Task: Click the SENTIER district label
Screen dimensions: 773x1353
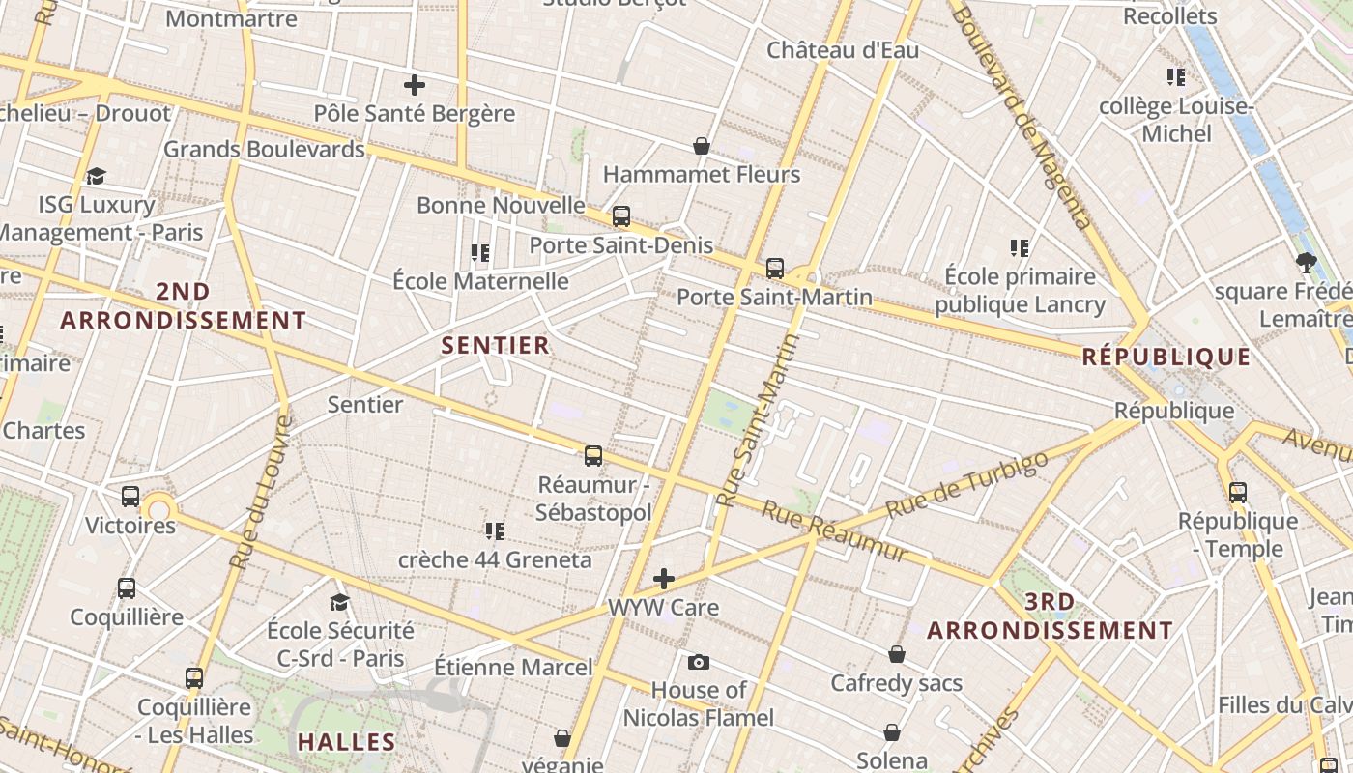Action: pos(495,345)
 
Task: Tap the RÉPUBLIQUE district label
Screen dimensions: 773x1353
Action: pos(1166,357)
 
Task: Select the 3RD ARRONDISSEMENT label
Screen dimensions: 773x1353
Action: pos(1050,616)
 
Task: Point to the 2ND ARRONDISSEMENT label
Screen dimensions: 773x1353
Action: pos(183,305)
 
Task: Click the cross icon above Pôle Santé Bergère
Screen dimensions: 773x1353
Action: pos(415,85)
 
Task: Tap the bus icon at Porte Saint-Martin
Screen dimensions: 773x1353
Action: pos(774,269)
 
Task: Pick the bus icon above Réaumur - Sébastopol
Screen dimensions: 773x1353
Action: pos(593,455)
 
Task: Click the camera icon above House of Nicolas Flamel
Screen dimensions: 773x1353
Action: pos(699,662)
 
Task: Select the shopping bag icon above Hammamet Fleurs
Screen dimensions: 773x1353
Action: pos(702,146)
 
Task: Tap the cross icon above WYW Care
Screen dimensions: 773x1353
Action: pos(664,579)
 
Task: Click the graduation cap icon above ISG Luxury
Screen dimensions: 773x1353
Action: pos(96,176)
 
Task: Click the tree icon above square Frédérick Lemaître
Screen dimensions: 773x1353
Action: pos(1306,262)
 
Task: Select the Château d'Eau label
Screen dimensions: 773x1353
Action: pos(843,50)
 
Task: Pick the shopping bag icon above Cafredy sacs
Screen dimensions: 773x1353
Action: pos(897,654)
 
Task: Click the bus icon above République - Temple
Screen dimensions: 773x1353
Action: pos(1238,493)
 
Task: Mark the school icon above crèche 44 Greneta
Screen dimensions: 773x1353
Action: pos(495,530)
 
